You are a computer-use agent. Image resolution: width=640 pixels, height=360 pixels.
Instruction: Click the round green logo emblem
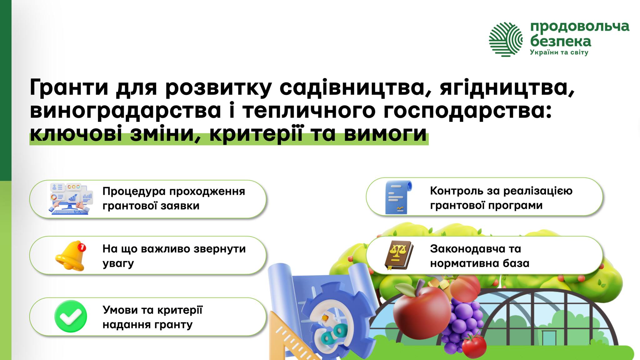tap(506, 39)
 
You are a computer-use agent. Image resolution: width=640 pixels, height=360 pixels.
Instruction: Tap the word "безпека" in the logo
tap(561, 42)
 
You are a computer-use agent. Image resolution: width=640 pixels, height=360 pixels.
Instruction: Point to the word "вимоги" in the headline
tap(385, 135)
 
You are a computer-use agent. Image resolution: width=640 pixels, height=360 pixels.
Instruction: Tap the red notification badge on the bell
tap(82, 247)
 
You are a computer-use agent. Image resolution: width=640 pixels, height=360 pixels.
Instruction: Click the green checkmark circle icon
tap(71, 316)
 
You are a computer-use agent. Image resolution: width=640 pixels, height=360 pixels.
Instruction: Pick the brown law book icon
tap(399, 255)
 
